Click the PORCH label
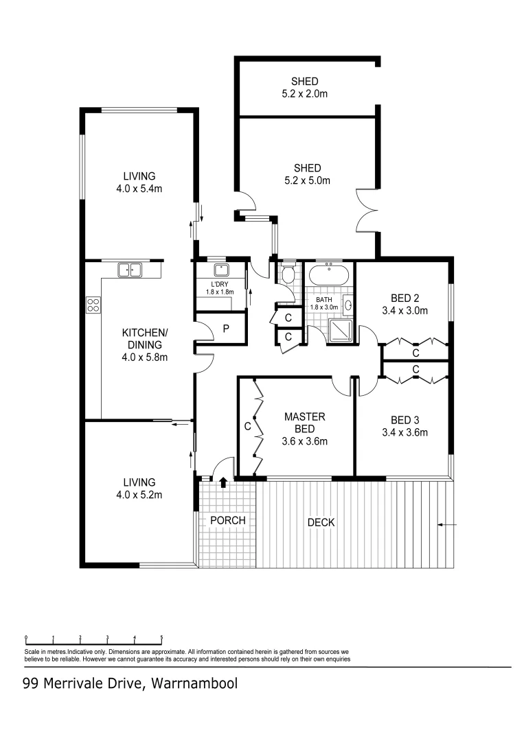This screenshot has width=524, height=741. (227, 521)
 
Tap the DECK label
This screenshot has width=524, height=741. (321, 523)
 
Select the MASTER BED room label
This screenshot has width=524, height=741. (304, 423)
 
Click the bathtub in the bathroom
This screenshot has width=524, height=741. (328, 277)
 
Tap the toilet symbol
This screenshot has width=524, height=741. (287, 274)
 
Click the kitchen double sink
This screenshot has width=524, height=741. (129, 270)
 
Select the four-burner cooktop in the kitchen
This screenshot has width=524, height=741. (93, 305)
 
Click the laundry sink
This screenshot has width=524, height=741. (220, 270)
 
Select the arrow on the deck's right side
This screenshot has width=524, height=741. (446, 526)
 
